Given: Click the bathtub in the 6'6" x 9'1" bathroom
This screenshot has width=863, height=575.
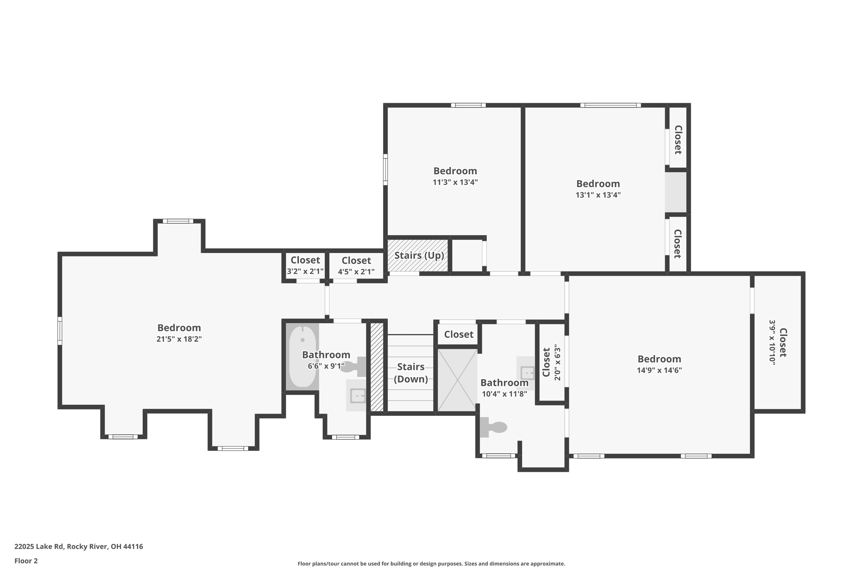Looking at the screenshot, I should (x=302, y=356).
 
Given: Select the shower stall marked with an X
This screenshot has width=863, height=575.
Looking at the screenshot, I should (x=457, y=380).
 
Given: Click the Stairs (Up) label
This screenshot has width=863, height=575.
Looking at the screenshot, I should (x=419, y=256).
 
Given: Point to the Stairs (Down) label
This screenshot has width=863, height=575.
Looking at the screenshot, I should (x=410, y=373).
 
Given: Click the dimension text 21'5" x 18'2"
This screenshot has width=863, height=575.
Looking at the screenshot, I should (x=179, y=339).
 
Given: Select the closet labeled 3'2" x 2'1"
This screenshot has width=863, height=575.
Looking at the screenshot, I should (x=305, y=265).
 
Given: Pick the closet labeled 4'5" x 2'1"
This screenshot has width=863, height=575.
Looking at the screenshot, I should (x=356, y=266).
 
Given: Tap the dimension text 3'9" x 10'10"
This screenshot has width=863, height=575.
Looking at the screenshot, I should (x=772, y=342).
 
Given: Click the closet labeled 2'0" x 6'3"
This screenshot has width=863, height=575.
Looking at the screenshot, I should (x=551, y=362).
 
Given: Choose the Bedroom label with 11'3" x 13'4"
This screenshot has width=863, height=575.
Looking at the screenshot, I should (x=455, y=171).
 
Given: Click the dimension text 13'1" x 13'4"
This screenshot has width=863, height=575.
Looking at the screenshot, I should (x=598, y=195).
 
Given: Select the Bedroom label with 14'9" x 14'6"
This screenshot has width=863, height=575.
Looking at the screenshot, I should (x=659, y=359).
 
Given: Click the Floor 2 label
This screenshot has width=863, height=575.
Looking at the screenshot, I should (x=26, y=561).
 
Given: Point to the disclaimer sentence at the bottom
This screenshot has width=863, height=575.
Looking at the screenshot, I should (x=431, y=564).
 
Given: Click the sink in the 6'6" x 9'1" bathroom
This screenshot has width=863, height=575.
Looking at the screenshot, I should (x=357, y=396).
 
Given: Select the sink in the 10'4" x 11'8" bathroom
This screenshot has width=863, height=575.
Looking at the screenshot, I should (x=526, y=373).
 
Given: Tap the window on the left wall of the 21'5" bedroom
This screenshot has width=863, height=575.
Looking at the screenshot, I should (x=60, y=331).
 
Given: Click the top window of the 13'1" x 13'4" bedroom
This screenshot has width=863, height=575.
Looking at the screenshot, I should (x=610, y=105).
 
